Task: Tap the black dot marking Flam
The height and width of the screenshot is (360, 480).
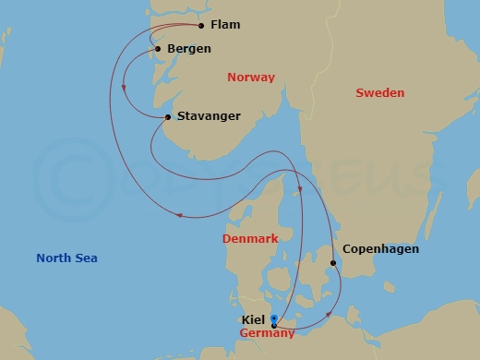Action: (201, 26)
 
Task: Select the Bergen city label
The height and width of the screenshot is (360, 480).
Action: (190, 48)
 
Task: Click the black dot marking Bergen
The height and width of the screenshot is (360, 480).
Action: (159, 49)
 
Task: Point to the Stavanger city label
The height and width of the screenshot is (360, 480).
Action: (208, 116)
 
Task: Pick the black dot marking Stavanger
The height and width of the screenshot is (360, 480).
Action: (167, 117)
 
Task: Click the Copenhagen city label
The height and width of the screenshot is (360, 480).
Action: (380, 249)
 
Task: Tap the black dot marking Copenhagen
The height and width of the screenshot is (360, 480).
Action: (333, 265)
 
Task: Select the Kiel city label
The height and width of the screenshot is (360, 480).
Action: (253, 320)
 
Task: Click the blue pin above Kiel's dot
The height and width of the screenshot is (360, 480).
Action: (274, 318)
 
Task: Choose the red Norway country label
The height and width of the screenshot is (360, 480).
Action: (251, 78)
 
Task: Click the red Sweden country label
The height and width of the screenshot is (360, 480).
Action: (379, 93)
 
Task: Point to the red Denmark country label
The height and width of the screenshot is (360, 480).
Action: (250, 239)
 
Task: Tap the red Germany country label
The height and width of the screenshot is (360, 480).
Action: (268, 332)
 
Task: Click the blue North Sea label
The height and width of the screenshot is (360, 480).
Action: (66, 258)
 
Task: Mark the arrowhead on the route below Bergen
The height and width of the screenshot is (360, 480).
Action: (124, 89)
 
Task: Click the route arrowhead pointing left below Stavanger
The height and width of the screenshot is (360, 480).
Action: (180, 217)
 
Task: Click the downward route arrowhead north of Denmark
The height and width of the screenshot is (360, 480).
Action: (301, 191)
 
